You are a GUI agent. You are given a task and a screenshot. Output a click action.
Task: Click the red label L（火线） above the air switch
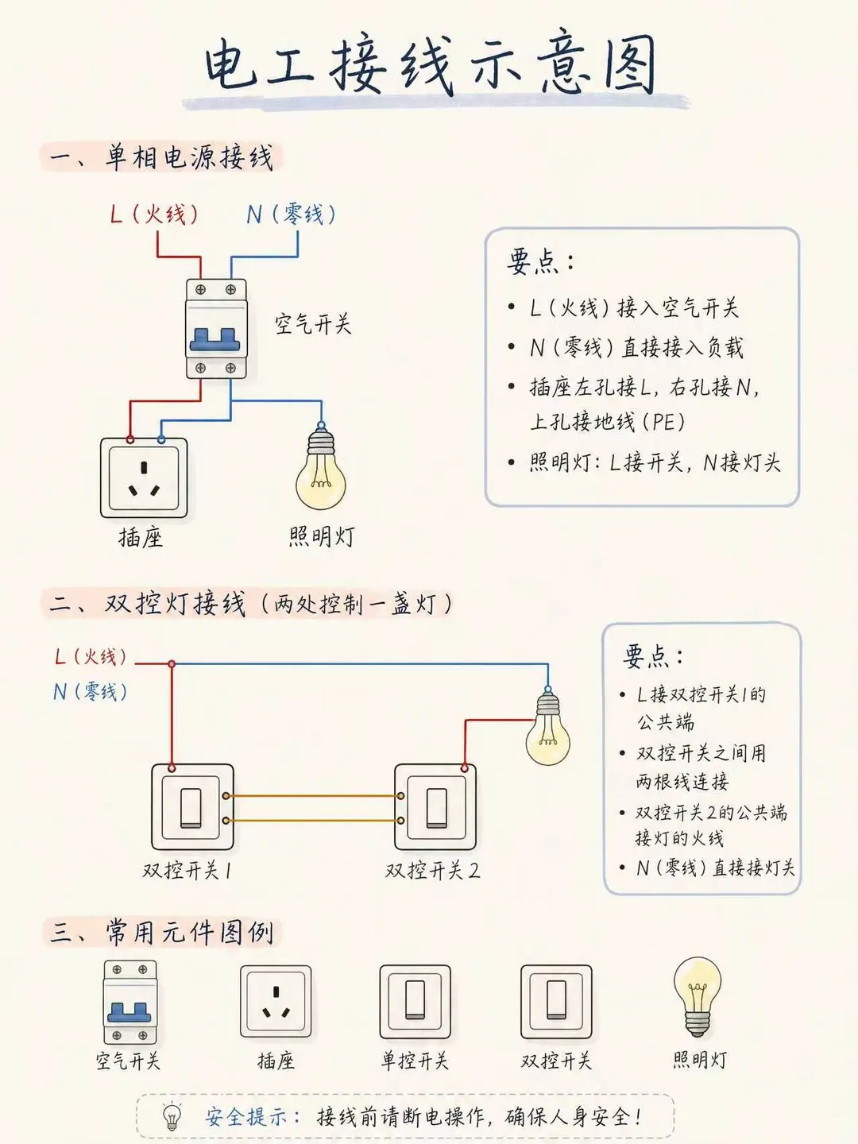click(x=154, y=214)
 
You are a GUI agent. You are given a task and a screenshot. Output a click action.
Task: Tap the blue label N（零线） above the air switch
click(x=292, y=214)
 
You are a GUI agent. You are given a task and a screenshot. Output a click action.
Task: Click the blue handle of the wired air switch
click(x=214, y=340)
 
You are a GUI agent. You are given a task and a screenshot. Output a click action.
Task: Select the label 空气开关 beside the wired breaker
click(x=313, y=323)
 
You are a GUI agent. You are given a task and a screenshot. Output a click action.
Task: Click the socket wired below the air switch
click(x=144, y=477)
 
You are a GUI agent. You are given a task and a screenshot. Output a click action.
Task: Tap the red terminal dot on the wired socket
click(x=129, y=440)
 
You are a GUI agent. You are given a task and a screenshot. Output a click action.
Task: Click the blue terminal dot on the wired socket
click(x=161, y=440)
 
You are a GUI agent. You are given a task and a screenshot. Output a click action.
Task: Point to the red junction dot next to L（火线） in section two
click(x=172, y=663)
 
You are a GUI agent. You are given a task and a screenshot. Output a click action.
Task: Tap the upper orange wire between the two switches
click(x=313, y=796)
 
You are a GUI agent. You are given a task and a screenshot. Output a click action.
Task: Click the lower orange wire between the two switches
click(x=313, y=821)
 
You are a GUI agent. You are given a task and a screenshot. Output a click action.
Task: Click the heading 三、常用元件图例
click(x=162, y=932)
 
